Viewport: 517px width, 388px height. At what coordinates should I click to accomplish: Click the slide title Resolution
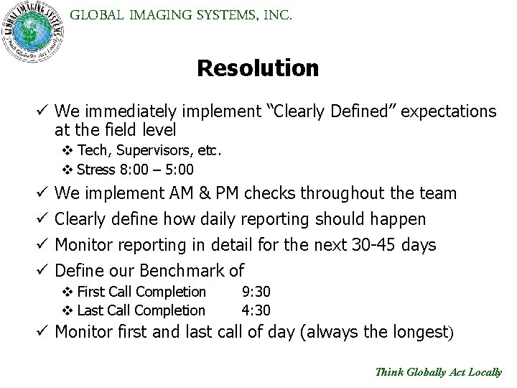[258, 68]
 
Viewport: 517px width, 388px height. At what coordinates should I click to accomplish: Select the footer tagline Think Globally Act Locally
[439, 372]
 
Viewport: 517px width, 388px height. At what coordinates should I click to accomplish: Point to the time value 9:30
[256, 292]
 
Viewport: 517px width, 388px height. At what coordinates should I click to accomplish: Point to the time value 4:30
[256, 310]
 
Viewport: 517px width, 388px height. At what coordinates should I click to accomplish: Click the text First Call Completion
[141, 292]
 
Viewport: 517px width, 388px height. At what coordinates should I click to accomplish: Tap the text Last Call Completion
[141, 310]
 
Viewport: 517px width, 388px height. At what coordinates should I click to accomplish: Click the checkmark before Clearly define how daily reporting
[41, 218]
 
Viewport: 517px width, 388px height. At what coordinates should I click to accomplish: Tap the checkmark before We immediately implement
[41, 111]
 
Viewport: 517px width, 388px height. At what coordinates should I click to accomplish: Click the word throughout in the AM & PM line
[337, 193]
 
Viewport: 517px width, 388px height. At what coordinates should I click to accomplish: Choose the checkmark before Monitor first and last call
[41, 333]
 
